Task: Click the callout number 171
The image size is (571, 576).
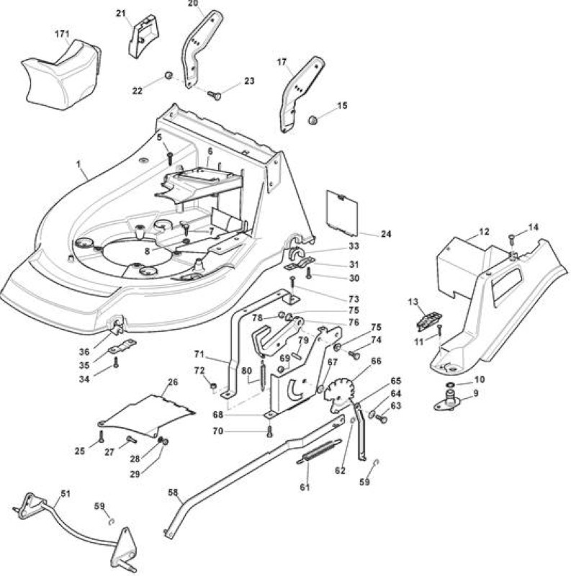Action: (x=62, y=34)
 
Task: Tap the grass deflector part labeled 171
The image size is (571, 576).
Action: (x=61, y=75)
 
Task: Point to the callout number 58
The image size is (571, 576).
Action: (x=173, y=492)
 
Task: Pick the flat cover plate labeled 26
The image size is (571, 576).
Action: (x=146, y=416)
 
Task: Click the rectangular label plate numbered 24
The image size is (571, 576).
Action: (x=342, y=213)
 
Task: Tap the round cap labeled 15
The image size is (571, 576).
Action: (x=313, y=120)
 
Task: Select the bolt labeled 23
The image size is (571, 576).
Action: (x=215, y=96)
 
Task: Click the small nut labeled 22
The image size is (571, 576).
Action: (x=168, y=76)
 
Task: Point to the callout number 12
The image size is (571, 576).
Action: (x=484, y=232)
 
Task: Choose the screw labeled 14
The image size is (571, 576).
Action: (x=511, y=240)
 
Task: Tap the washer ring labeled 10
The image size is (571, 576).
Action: (x=450, y=384)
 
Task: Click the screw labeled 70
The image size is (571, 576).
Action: (x=269, y=431)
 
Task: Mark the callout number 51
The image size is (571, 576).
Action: (x=65, y=493)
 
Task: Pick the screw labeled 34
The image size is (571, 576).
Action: (x=116, y=363)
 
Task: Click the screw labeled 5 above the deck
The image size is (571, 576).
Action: (x=170, y=158)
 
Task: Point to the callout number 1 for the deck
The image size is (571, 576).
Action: (x=78, y=164)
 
